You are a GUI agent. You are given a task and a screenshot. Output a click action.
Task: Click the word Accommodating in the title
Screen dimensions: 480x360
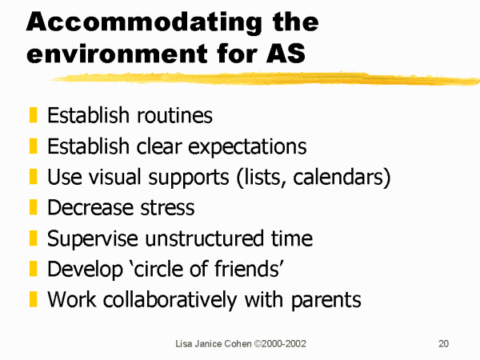144,23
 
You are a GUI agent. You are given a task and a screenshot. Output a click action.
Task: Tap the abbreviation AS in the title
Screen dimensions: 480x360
286,54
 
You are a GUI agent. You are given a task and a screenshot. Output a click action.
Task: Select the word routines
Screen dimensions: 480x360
174,116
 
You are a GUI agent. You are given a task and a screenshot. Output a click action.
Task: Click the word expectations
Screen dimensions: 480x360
247,147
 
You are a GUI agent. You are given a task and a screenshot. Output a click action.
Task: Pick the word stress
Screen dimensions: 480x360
167,208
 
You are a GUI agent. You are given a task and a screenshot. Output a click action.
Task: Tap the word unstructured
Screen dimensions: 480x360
204,238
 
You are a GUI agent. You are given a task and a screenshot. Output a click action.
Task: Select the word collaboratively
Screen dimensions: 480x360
170,300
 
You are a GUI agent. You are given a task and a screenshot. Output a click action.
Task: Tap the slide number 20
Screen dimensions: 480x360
443,344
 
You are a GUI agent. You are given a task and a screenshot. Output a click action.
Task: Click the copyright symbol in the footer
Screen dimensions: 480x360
258,344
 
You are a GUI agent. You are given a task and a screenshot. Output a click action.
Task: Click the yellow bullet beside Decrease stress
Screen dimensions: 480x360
33,207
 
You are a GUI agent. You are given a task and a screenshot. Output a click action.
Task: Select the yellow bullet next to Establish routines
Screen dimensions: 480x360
33,114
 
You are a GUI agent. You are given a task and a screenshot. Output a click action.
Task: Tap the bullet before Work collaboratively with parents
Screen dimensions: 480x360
33,299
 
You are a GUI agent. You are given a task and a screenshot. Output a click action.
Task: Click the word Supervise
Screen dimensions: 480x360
93,239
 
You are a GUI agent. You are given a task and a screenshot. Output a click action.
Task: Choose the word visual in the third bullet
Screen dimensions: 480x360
116,177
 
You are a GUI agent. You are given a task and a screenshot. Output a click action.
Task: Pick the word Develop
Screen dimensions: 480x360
85,270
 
